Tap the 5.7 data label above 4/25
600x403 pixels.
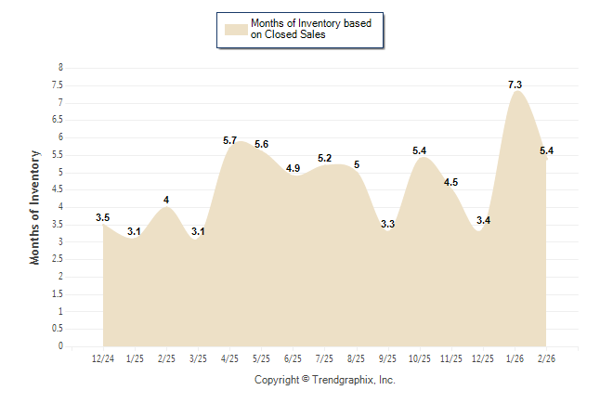pyautogui.click(x=230, y=140)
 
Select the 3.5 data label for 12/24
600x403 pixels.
pyautogui.click(x=103, y=217)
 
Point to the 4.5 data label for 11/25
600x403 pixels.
pyautogui.click(x=451, y=182)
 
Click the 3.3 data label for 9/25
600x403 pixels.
pyautogui.click(x=388, y=224)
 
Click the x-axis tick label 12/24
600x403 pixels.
pyautogui.click(x=103, y=358)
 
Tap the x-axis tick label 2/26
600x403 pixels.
pyautogui.click(x=546, y=358)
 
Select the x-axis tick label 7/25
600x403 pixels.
pyautogui.click(x=325, y=358)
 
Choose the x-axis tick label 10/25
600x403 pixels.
pyautogui.click(x=420, y=358)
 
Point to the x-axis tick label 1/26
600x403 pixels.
pyautogui.click(x=515, y=358)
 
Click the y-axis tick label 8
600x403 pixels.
pyautogui.click(x=61, y=68)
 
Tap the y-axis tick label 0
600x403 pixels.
pyautogui.click(x=61, y=346)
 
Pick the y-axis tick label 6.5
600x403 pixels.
pyautogui.click(x=58, y=120)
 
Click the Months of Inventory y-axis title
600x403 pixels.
pyautogui.click(x=35, y=207)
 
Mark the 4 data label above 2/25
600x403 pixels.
pyautogui.click(x=166, y=200)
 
